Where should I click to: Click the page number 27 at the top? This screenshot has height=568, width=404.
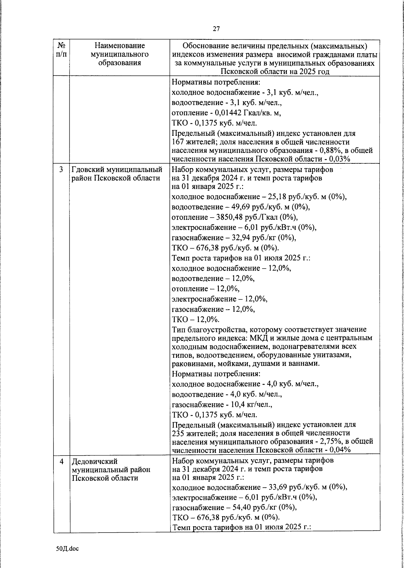[216, 29]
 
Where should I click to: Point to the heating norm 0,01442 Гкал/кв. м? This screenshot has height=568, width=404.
[246, 113]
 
